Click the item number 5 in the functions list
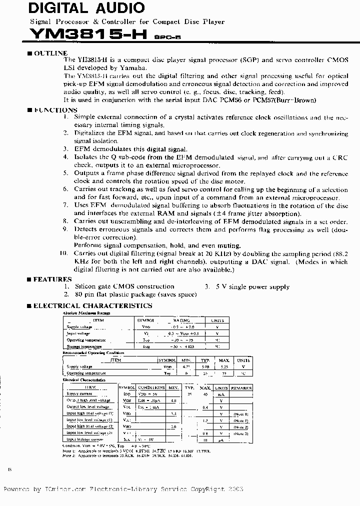(65, 173)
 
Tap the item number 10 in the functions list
(63, 253)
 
